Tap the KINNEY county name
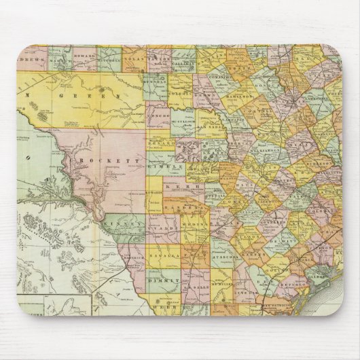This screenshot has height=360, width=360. coord(126,222)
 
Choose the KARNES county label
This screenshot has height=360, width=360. coord(253,255)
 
